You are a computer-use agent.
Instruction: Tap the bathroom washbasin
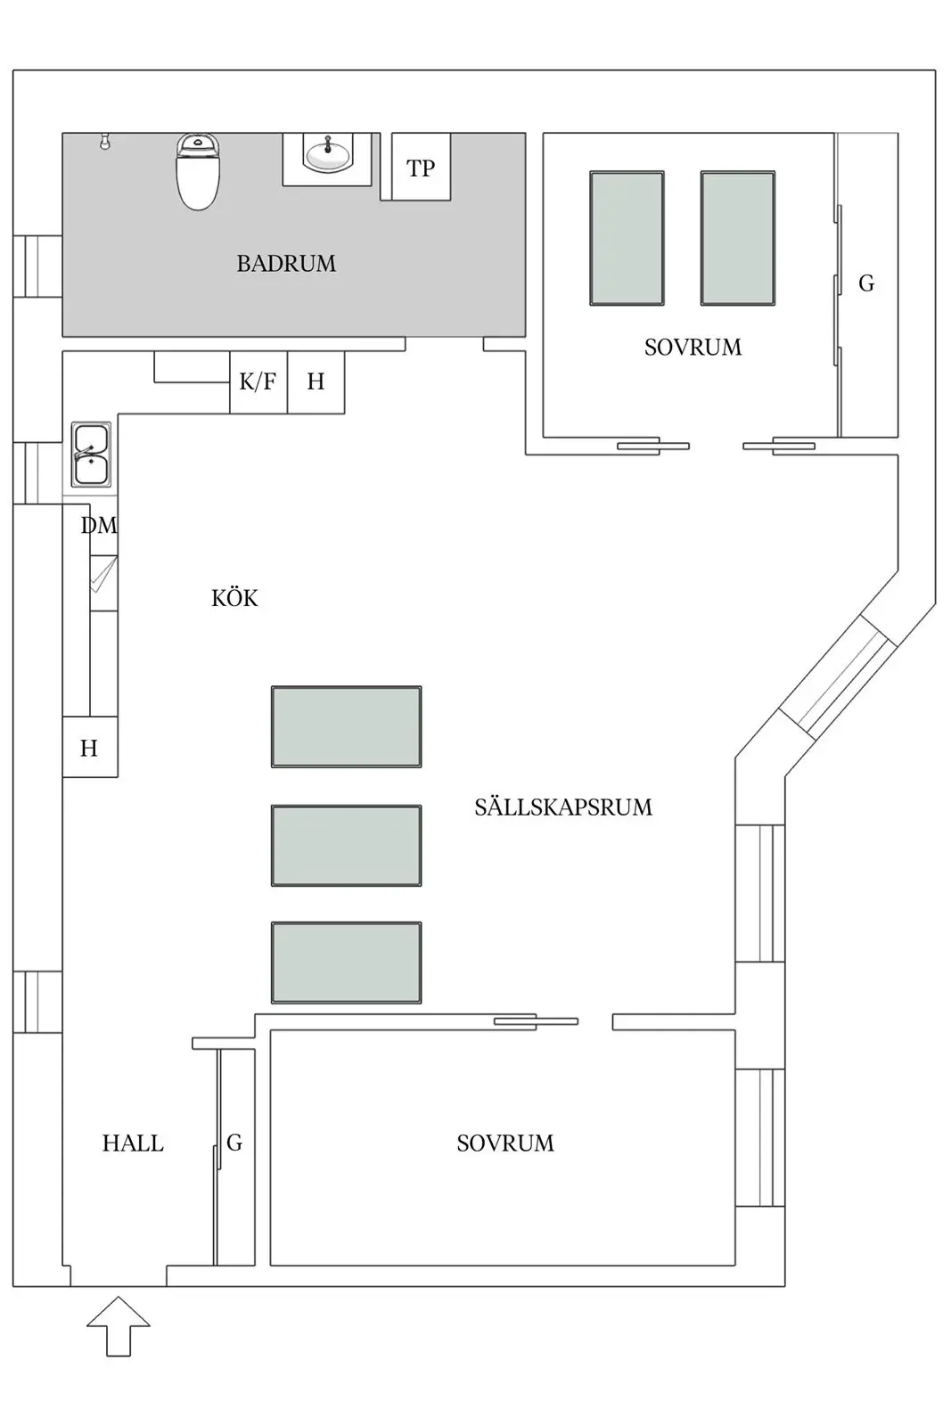point(327,156)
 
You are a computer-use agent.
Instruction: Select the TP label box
point(421,168)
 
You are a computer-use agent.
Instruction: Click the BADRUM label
point(286,264)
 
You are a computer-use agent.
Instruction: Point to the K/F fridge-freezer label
point(258,382)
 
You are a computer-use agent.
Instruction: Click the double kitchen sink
point(92,455)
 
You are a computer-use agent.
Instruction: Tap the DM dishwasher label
point(98,526)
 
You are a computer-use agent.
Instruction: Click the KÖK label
point(234,598)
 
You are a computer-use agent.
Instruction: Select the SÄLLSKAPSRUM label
point(562,807)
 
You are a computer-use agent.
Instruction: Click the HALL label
point(133,1143)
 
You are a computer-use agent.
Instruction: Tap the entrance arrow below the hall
point(119,1325)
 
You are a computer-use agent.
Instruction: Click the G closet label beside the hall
point(234,1143)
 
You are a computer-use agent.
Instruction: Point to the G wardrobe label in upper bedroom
point(866,283)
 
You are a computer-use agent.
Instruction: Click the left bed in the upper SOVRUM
point(627,238)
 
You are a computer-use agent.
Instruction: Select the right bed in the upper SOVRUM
point(737,238)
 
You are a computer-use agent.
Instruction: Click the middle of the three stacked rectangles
point(346,846)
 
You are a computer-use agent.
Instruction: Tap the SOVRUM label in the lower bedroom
point(504,1143)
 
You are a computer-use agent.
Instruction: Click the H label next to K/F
point(316,382)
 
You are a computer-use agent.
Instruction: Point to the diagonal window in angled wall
point(838,675)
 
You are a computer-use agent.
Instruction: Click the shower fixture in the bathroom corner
point(105,141)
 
